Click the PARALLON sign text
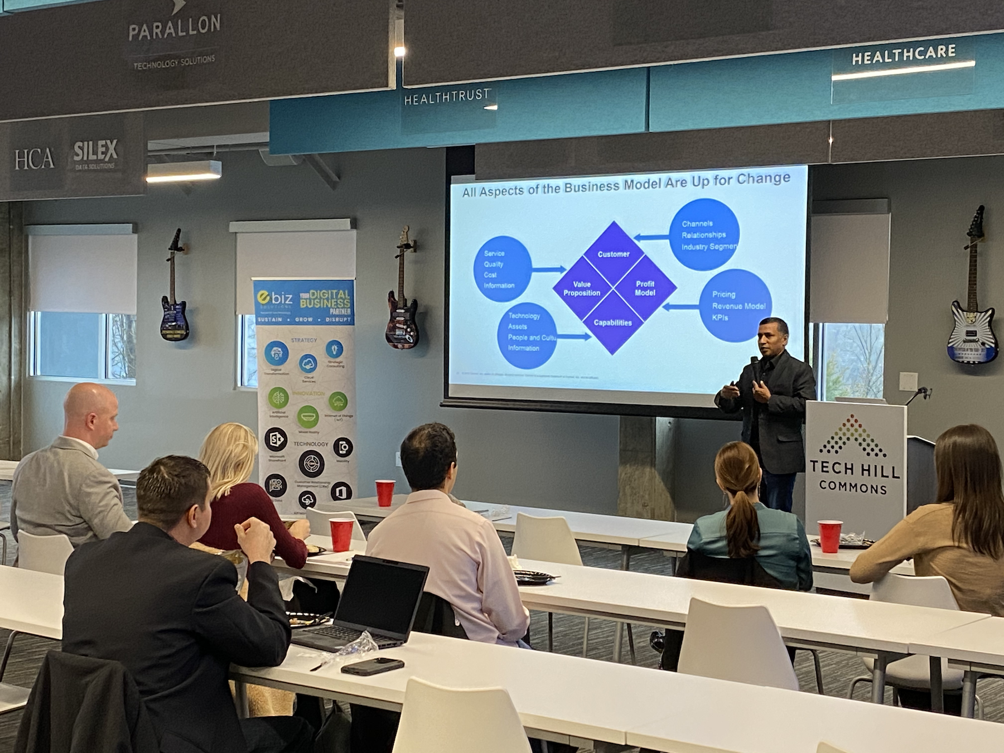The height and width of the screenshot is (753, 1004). pyautogui.click(x=174, y=27)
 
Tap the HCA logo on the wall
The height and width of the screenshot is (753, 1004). pyautogui.click(x=34, y=160)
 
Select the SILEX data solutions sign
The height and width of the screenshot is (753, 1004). pyautogui.click(x=95, y=152)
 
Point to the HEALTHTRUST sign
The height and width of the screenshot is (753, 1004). pyautogui.click(x=447, y=97)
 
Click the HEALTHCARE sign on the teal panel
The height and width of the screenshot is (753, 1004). pyautogui.click(x=904, y=55)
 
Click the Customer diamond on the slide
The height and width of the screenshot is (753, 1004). pyautogui.click(x=614, y=254)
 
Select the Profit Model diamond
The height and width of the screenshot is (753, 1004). pyautogui.click(x=645, y=288)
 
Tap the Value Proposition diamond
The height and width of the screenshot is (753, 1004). pyautogui.click(x=582, y=288)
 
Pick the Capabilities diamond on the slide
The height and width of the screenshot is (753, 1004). pyautogui.click(x=612, y=322)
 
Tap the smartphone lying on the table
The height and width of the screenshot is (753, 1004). pyautogui.click(x=372, y=665)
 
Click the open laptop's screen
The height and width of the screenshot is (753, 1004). pyautogui.click(x=382, y=597)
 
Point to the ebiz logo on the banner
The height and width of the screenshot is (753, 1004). pyautogui.click(x=274, y=298)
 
